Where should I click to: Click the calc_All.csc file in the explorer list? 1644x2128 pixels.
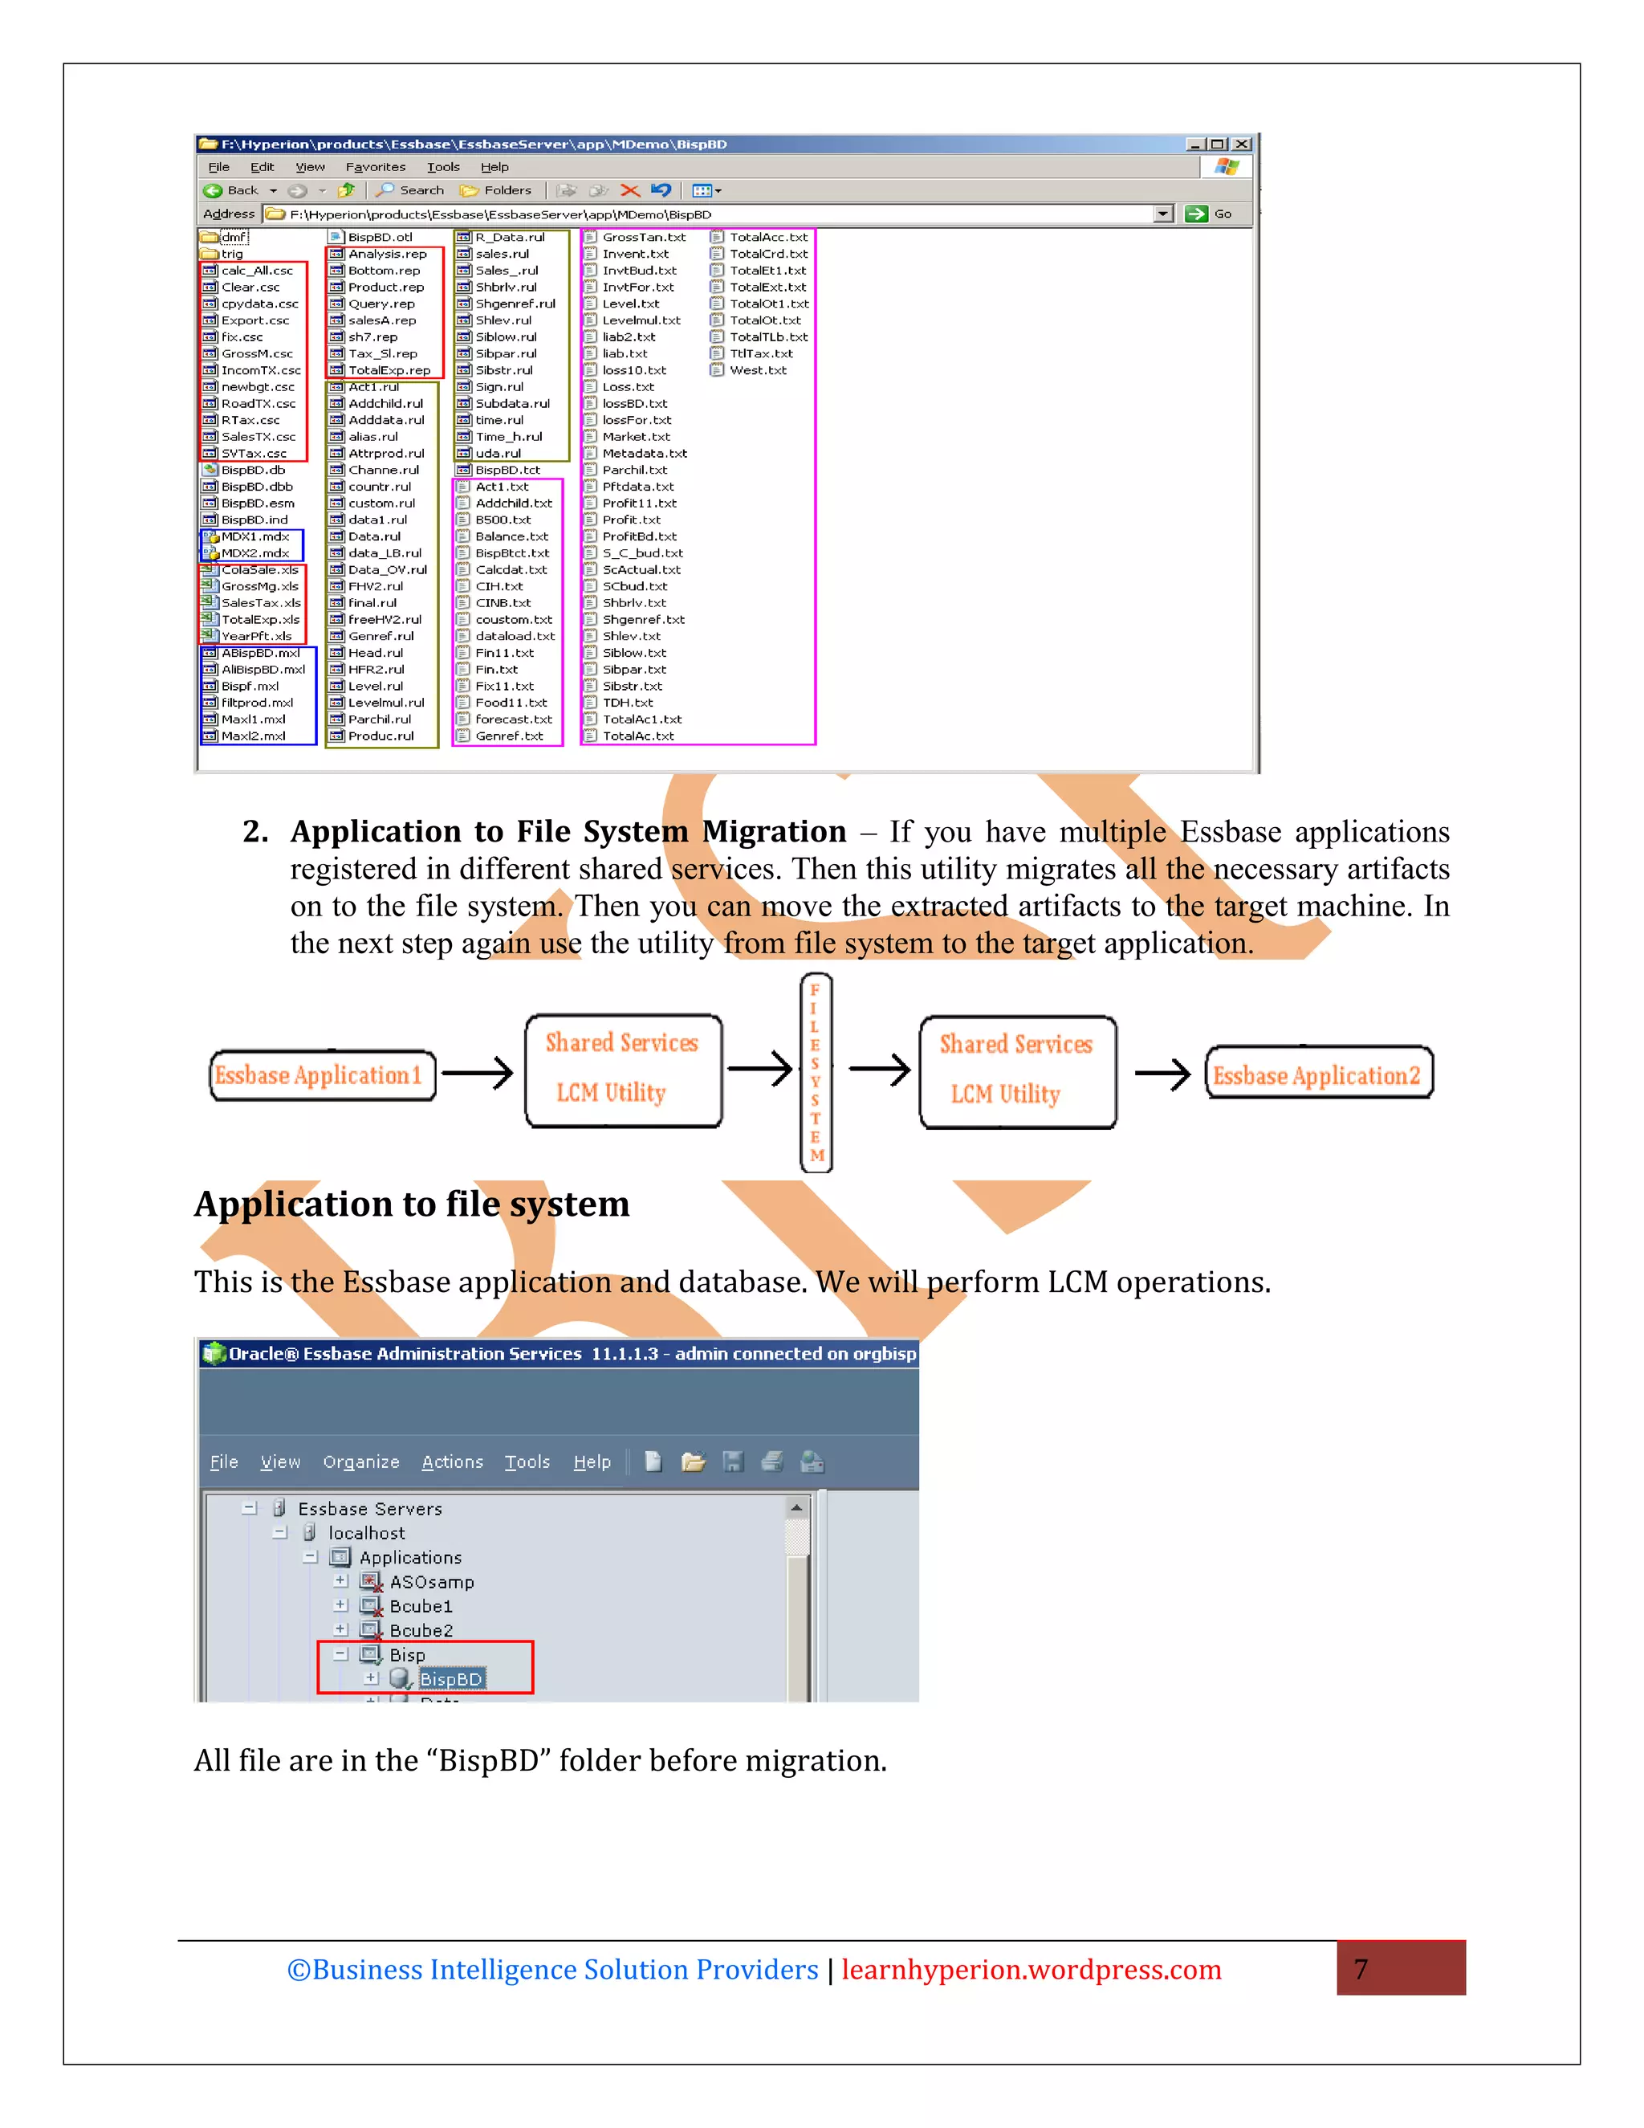click(x=256, y=271)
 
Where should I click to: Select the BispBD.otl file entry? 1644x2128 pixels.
click(x=379, y=237)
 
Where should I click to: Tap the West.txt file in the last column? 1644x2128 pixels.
click(x=757, y=370)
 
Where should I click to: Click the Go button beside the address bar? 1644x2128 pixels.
click(x=1209, y=214)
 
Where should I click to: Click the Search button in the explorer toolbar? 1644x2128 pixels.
click(x=411, y=191)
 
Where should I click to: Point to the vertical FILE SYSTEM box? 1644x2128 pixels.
click(x=816, y=1073)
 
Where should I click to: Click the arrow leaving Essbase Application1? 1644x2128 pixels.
click(x=478, y=1073)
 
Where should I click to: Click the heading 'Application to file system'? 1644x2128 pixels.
click(x=411, y=1205)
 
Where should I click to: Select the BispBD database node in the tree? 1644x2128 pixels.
click(x=450, y=1679)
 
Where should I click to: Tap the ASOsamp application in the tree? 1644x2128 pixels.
click(x=431, y=1581)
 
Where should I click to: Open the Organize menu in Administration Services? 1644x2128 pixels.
click(x=360, y=1461)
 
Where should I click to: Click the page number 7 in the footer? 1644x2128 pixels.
click(x=1361, y=1969)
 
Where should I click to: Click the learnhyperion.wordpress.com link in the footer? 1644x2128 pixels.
click(x=1031, y=1969)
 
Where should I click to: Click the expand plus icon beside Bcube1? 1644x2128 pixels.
click(x=340, y=1604)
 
